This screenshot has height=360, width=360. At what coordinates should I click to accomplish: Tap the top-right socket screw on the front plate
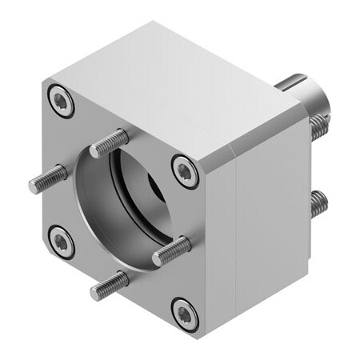pos(185,170)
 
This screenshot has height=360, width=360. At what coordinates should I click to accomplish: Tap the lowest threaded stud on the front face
pos(109,284)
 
